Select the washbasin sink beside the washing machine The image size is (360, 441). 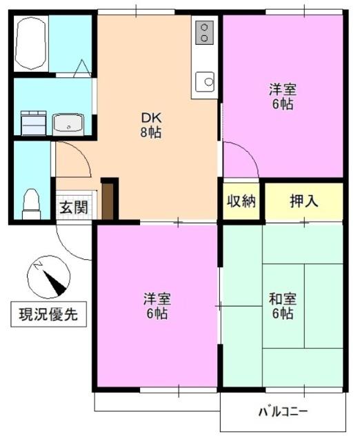68,123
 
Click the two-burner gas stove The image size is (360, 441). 205,32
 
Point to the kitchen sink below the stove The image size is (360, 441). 205,82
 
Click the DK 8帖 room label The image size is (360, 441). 151,125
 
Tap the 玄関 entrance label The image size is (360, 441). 73,206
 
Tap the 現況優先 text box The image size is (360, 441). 48,315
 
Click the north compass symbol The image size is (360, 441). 48,276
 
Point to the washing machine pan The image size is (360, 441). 31,123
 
